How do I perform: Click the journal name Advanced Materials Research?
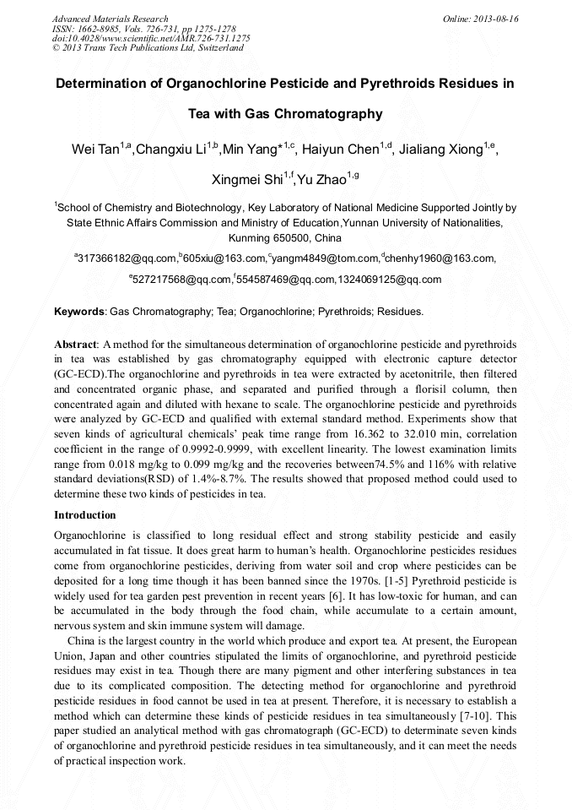[110, 19]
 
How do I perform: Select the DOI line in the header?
[151, 39]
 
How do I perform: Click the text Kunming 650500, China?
[285, 238]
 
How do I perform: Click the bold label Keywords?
[79, 312]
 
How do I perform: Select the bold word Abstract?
[76, 345]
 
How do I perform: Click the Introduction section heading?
[85, 514]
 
